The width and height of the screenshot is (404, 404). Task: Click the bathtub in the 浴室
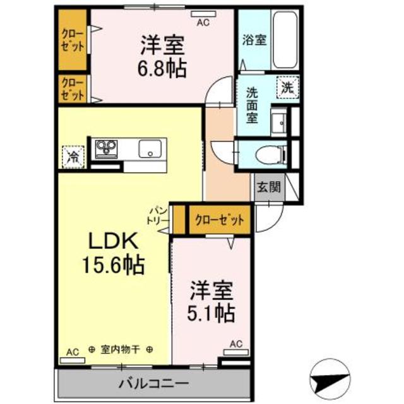pos(285,39)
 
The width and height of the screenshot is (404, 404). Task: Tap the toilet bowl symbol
pos(271,155)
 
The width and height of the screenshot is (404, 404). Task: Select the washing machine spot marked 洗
pos(288,88)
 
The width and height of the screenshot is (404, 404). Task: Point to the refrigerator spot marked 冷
pos(73,157)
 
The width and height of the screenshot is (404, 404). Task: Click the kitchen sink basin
pos(150,149)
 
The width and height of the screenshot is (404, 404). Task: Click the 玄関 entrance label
pos(269,187)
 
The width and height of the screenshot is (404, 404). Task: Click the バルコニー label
pos(153,384)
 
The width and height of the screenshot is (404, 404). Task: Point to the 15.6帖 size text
pos(114,264)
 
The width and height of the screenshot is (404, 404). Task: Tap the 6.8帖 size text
pos(162,69)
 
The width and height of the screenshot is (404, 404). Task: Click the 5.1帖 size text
pos(211,313)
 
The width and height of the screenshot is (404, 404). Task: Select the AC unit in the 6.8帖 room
pos(203,14)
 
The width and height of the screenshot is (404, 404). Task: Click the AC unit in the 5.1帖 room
pos(236,352)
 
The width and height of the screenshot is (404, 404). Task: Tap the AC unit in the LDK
pos(73,360)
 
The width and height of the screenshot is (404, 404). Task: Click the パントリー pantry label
pos(158,216)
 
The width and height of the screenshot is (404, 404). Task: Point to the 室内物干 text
pos(120,350)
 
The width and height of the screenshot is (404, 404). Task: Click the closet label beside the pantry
pos(220,220)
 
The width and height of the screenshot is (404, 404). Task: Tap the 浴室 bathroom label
pos(254,40)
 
